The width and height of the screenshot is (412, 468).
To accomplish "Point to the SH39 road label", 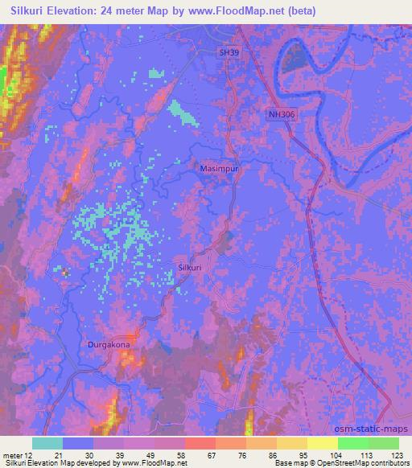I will click(x=229, y=52).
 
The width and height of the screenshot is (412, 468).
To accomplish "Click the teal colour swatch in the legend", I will click(x=47, y=443).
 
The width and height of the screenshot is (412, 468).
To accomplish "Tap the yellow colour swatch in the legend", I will click(x=323, y=443).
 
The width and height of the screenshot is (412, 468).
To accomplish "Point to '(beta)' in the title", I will click(x=299, y=11).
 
